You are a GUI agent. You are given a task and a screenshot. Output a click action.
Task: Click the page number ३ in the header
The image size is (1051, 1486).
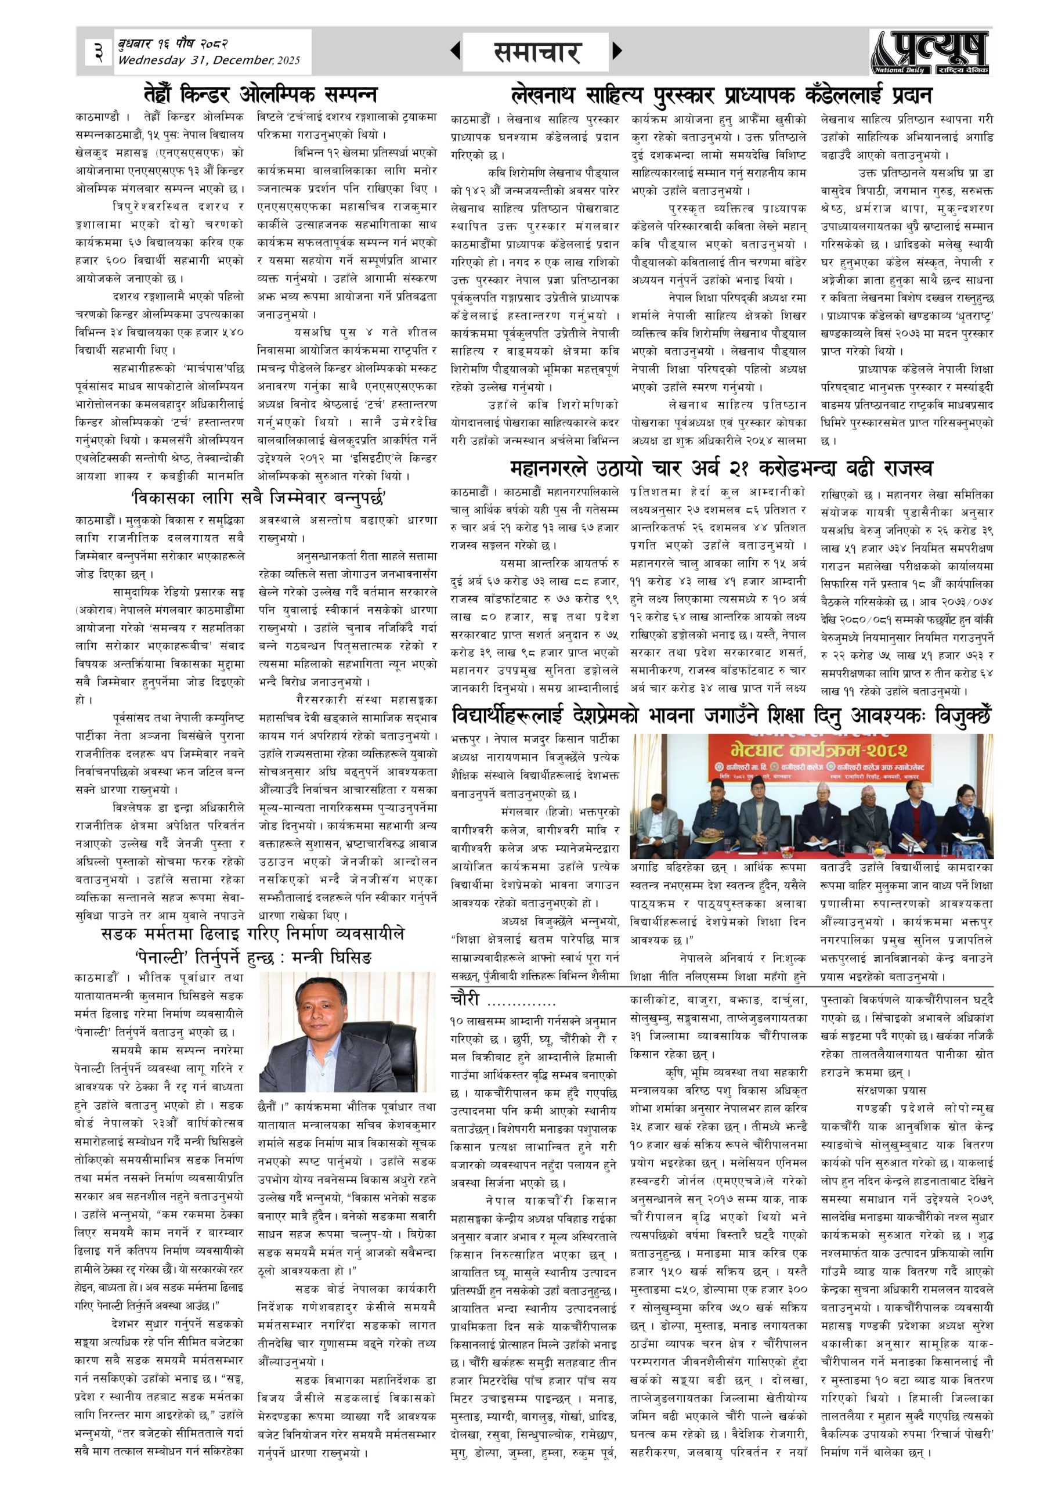click(97, 51)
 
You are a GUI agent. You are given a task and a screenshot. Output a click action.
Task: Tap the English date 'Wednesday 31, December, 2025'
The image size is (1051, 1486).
click(208, 60)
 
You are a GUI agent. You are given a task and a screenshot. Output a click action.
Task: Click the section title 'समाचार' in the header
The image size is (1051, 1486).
click(536, 52)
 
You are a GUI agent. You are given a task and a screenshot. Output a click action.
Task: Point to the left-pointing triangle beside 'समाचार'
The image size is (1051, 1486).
click(456, 51)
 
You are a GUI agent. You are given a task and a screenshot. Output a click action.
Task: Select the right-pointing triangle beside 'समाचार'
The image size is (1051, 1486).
click(617, 51)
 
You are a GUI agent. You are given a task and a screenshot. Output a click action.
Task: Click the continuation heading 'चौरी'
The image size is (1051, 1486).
click(465, 1000)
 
